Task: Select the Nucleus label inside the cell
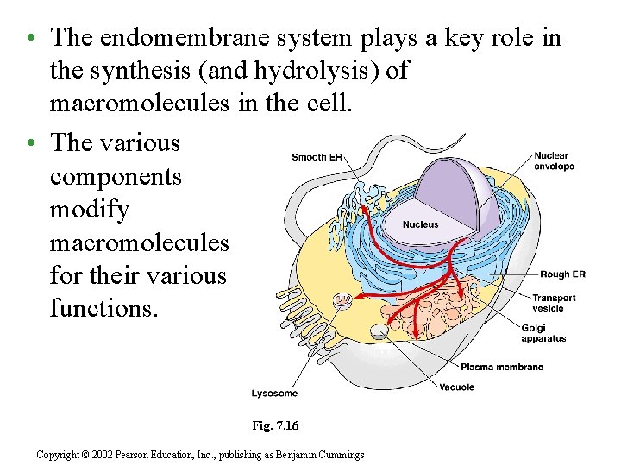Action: [421, 224]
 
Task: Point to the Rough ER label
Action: [562, 274]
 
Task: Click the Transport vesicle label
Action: [554, 303]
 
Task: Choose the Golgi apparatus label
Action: [543, 333]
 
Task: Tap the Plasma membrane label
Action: [502, 367]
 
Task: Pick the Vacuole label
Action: [457, 387]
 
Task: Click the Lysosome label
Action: [274, 394]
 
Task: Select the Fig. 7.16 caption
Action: [275, 425]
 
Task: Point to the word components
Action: [116, 176]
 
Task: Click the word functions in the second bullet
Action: [104, 307]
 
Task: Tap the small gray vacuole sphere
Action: [378, 332]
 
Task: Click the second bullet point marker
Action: [30, 143]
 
